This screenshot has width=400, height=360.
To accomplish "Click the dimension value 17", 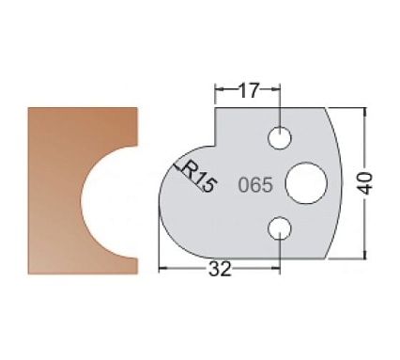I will (x=248, y=91).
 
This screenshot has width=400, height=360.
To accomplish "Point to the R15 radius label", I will (x=195, y=176).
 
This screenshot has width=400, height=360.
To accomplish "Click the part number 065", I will (x=254, y=184).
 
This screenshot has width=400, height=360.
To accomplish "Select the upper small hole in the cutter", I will (x=279, y=139).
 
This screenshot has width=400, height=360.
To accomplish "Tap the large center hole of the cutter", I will (x=304, y=182).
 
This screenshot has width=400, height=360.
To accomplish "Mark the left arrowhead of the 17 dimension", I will (x=219, y=91).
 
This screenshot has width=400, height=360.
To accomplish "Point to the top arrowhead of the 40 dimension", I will (x=362, y=111).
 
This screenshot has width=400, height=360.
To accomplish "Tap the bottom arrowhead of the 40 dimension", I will (x=362, y=255).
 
